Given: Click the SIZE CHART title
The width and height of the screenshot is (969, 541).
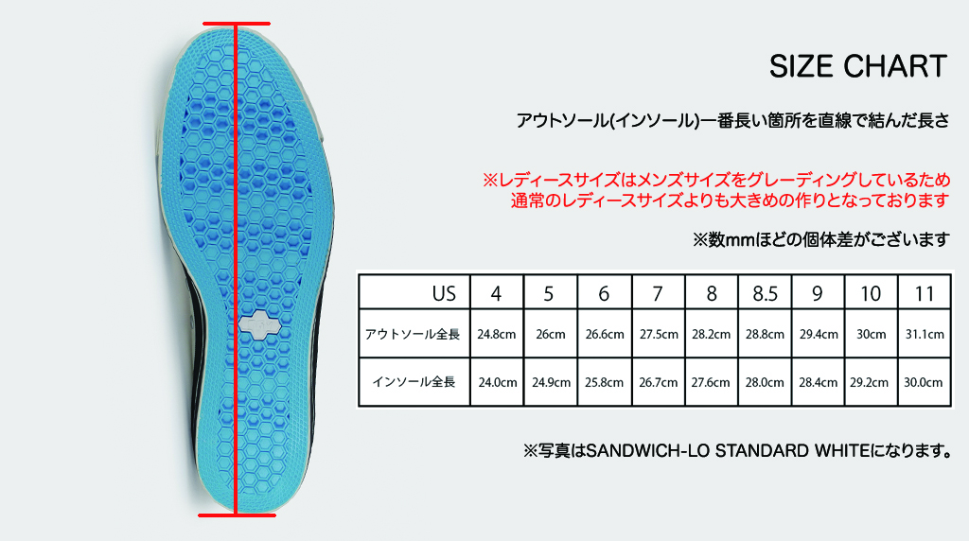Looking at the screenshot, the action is click(x=857, y=66).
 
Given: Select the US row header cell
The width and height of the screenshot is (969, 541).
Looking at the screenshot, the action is click(x=414, y=292).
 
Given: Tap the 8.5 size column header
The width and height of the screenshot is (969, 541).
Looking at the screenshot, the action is click(x=765, y=292).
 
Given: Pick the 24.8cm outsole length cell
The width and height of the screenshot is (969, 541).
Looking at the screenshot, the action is click(x=497, y=334).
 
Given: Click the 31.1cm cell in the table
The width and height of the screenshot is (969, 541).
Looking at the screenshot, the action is click(x=925, y=334).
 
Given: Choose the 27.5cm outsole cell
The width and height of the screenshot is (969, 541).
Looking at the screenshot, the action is click(x=659, y=334).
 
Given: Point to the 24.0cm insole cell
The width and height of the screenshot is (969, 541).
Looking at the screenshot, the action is click(x=497, y=382).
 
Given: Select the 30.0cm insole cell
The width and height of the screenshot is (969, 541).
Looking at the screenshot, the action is click(x=925, y=382).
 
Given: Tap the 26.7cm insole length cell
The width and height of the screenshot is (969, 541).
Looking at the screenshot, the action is click(x=659, y=382).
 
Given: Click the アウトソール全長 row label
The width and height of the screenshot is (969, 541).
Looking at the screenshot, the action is click(x=413, y=334).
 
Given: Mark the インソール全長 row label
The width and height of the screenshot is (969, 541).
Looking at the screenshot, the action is click(x=414, y=382).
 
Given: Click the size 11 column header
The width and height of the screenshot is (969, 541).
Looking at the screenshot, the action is click(x=925, y=292).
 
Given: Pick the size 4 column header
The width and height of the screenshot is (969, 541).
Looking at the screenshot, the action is click(x=497, y=292).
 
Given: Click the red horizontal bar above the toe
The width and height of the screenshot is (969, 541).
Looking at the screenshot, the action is click(x=237, y=24).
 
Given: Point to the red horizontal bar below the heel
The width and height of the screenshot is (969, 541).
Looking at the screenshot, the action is click(x=237, y=515).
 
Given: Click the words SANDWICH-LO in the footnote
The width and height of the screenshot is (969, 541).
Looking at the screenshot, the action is click(x=647, y=451).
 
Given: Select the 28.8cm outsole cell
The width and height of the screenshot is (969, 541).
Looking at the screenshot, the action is click(x=765, y=334).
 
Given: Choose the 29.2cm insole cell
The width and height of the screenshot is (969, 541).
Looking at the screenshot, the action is click(x=871, y=382).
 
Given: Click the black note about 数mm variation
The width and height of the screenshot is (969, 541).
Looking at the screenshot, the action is click(x=820, y=239).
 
